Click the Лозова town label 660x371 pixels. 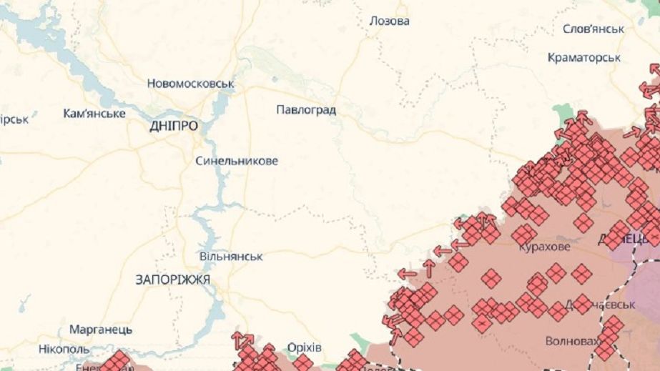point(389,21)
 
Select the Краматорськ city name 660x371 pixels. point(583,57)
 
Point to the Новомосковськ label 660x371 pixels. point(191,84)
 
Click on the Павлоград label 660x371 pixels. point(306,110)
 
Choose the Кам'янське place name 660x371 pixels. point(94,114)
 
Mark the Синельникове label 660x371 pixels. point(237,161)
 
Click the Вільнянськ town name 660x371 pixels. point(231,256)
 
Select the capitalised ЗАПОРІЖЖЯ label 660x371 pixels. point(172,280)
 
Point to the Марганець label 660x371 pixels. point(101,330)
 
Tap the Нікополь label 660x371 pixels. point(64,349)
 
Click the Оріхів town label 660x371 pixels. point(304,347)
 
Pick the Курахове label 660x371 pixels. point(544,247)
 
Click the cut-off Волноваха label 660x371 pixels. point(571,341)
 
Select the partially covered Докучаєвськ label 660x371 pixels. point(590,305)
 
